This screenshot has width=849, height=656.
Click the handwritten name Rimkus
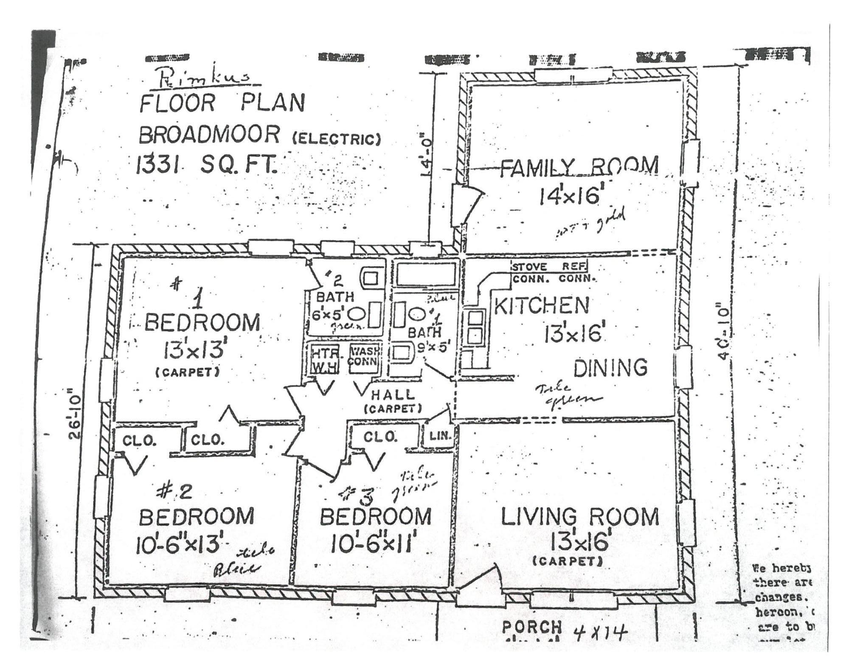[x=204, y=79]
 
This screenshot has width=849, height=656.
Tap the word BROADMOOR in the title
[x=209, y=135]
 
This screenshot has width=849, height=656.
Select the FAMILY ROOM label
[x=579, y=166]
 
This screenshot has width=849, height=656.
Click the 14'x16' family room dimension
[x=571, y=196]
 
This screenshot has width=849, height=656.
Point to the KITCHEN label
[x=542, y=306]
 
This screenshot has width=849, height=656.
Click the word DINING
[x=610, y=368]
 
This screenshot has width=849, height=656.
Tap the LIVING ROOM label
[x=580, y=517]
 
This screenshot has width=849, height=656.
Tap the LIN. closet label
[x=438, y=435]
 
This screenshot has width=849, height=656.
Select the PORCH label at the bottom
[x=532, y=628]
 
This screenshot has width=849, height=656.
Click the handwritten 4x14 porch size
[x=600, y=634]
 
